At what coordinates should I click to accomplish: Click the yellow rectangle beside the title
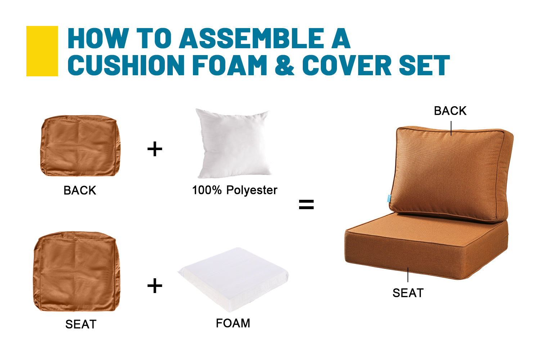point(42,51)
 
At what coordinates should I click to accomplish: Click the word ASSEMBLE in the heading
point(252,38)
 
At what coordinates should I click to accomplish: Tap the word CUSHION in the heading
point(126,65)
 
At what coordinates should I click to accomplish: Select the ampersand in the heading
point(284,65)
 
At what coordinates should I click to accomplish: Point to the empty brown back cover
point(80,146)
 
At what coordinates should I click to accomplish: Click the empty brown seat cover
point(77,271)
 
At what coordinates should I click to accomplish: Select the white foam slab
point(233,279)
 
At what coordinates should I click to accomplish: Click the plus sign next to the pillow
point(155,149)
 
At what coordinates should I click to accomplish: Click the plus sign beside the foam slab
point(155,285)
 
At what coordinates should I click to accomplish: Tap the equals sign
point(306,204)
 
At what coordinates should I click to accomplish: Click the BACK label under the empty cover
point(80,190)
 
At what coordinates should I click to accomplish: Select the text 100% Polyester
point(235,190)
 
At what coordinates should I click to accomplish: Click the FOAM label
point(233,323)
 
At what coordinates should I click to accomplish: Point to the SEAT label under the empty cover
point(81,324)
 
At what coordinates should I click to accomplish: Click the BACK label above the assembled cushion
point(450,111)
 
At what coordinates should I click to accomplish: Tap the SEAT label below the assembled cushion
point(408,293)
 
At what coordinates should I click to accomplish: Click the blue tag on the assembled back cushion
point(389,198)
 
